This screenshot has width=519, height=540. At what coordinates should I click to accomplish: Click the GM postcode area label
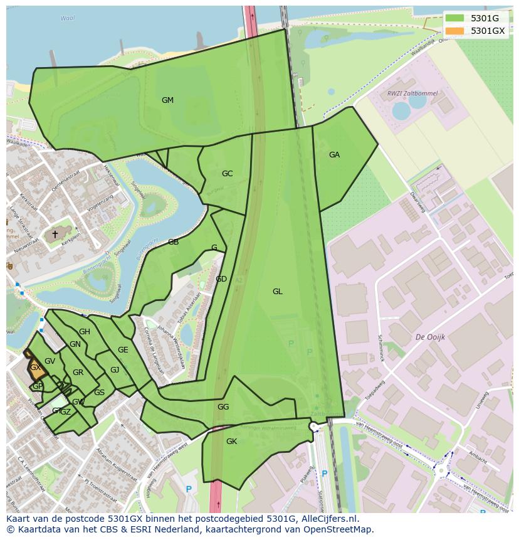click(x=167, y=100)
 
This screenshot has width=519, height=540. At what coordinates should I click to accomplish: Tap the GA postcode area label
click(x=334, y=155)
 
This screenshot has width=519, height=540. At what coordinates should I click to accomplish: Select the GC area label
click(x=227, y=174)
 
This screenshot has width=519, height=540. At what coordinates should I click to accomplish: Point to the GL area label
click(x=278, y=292)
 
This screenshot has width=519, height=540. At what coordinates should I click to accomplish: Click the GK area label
click(x=231, y=442)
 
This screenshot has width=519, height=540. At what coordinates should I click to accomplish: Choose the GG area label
click(x=223, y=407)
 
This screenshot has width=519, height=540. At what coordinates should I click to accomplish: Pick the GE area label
click(x=123, y=350)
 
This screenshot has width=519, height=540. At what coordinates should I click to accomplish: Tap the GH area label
click(x=85, y=332)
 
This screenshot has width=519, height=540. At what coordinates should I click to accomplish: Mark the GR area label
click(x=78, y=373)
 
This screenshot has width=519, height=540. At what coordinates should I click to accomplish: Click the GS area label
click(x=99, y=393)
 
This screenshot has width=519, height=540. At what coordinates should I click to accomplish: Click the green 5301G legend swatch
click(x=455, y=18)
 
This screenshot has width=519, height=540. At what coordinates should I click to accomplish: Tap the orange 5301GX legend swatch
click(x=455, y=30)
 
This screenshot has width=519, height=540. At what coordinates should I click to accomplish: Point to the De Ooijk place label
click(x=430, y=337)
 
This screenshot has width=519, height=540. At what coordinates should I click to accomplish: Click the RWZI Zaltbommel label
click(x=412, y=93)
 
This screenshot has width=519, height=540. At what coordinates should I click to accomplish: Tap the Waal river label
click(x=67, y=18)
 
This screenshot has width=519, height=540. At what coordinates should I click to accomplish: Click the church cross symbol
click(x=55, y=235)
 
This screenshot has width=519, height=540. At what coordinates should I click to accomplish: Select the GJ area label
click(x=115, y=370)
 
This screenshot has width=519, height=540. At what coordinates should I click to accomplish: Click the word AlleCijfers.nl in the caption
click(x=328, y=519)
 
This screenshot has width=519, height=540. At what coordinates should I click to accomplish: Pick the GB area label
click(x=173, y=242)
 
